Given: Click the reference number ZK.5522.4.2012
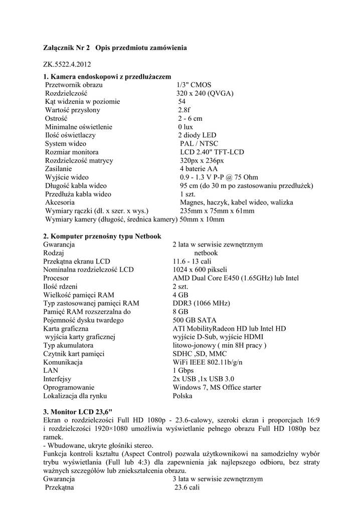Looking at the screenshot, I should (68, 65).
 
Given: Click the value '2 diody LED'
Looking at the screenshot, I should (197, 135).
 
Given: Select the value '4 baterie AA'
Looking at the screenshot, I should (199, 169).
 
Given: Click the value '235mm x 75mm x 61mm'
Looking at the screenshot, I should (217, 211).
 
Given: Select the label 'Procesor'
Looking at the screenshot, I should (56, 278).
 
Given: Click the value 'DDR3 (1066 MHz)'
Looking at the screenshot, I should (201, 303).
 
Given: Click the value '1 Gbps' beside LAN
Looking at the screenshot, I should (183, 371).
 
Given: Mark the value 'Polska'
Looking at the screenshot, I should (183, 396).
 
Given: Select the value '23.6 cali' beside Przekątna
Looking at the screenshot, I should (187, 487).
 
